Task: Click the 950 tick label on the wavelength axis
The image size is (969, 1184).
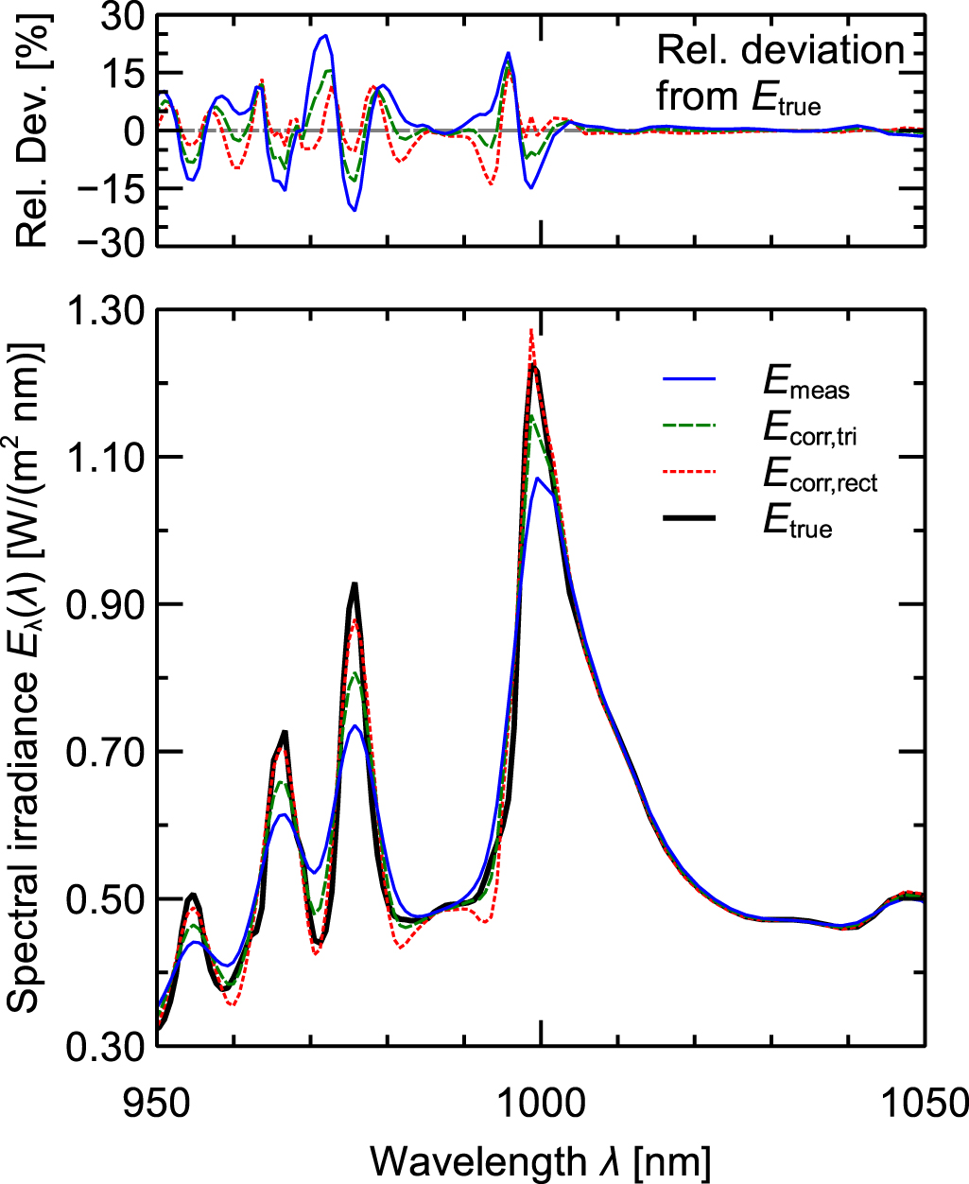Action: coord(156,1103)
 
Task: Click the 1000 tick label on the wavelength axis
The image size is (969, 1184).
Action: coord(540,1103)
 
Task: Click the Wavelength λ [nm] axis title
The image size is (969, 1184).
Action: coord(540,1160)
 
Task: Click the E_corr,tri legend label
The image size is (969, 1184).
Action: coord(810,431)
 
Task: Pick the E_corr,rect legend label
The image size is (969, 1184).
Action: coord(820,479)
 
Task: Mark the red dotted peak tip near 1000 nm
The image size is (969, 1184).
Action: coord(531,330)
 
